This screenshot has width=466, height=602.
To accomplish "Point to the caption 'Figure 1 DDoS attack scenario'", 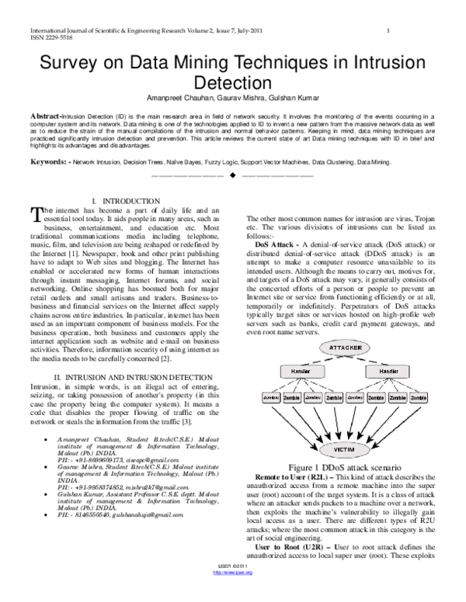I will click(344, 469).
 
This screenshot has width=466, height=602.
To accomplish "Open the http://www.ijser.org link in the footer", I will click(232, 594).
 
